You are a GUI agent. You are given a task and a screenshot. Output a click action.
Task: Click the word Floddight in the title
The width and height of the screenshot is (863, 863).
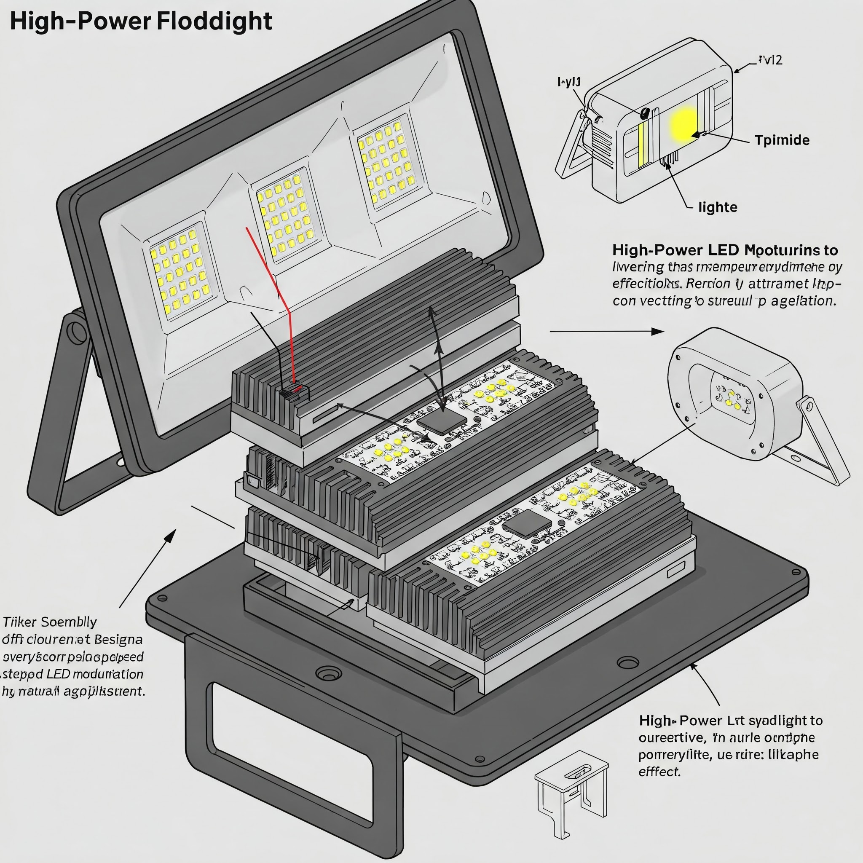[x=215, y=21]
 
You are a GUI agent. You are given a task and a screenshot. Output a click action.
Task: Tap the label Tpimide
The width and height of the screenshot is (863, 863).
[x=782, y=140]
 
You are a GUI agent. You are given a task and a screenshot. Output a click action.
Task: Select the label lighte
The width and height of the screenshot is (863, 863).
[x=717, y=207]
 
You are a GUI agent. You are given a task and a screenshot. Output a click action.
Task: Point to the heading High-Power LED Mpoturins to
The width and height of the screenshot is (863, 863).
[x=725, y=250]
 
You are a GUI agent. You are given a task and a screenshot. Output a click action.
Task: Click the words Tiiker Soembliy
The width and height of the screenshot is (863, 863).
[x=50, y=622]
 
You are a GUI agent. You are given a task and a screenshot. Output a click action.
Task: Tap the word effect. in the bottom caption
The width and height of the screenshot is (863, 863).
[x=659, y=772]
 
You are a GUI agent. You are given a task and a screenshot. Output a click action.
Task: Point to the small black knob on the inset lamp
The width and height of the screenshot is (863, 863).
[x=645, y=113]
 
